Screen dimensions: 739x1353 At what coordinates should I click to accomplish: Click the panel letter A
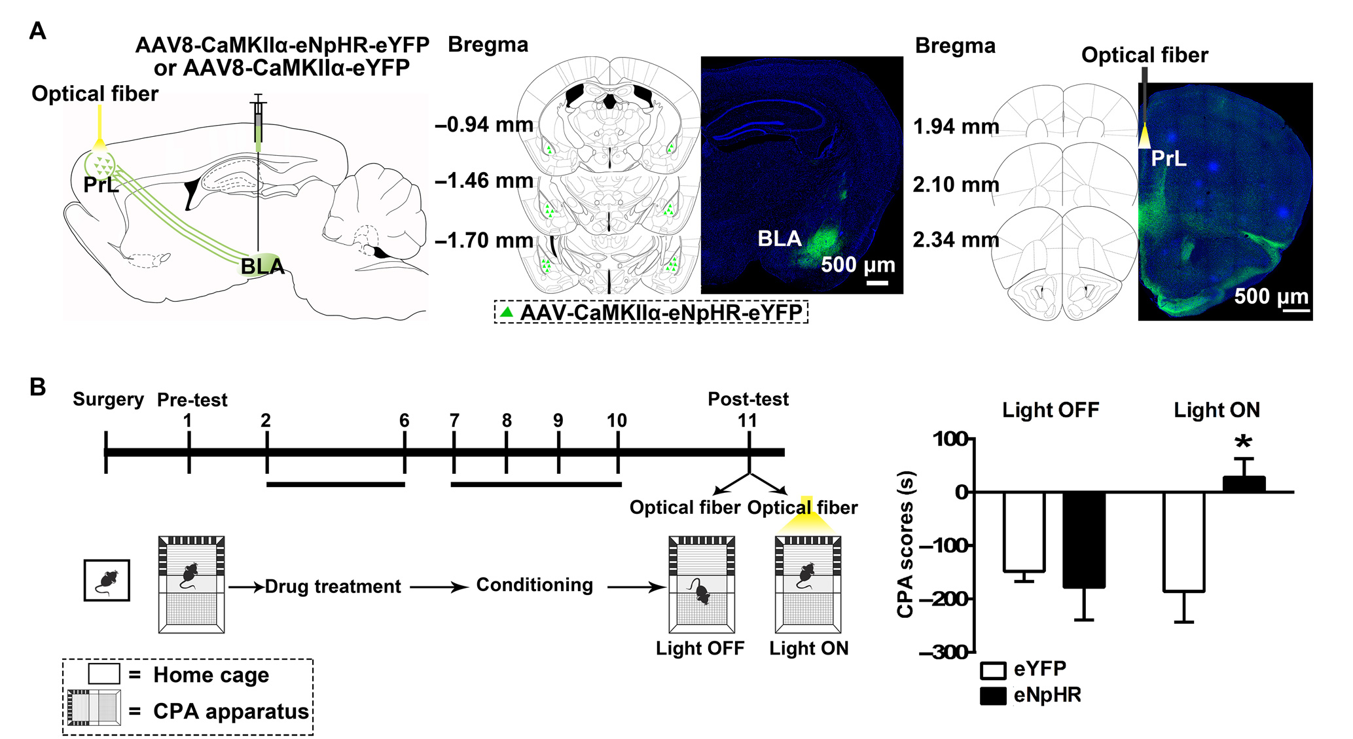38,31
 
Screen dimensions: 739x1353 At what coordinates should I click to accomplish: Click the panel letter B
38,387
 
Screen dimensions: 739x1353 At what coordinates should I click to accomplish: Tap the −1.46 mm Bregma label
484,181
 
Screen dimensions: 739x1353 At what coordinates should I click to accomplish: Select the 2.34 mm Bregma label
956,240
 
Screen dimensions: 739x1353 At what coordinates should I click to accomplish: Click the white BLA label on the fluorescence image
779,239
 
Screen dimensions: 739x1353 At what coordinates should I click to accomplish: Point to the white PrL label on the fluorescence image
1168,159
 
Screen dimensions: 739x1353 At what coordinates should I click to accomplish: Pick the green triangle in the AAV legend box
506,312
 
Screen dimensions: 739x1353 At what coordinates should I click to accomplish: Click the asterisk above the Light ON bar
1242,443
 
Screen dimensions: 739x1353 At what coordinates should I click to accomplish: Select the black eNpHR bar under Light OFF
1084,539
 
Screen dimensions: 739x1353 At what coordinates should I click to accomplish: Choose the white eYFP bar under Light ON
1183,541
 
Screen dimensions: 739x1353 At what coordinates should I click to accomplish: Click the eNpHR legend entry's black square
992,696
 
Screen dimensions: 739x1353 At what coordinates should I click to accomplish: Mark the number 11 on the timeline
748,420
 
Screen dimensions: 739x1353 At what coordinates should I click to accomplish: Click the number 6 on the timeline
405,420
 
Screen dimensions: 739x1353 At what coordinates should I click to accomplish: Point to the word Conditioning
534,585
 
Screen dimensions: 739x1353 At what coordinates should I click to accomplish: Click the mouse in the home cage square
107,581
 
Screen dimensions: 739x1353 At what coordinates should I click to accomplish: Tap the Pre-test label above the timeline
192,400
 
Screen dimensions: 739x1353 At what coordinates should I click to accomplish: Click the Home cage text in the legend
211,675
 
